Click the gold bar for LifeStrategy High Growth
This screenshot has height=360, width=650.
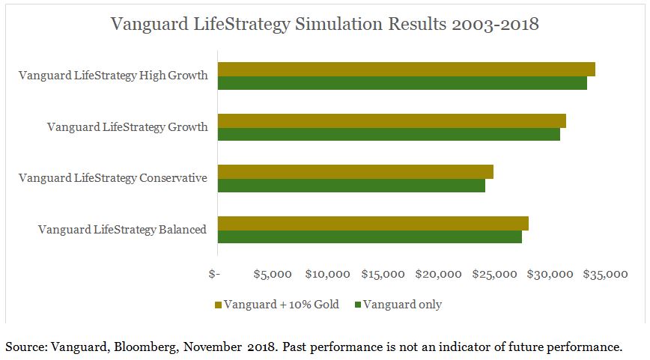(x=406, y=69)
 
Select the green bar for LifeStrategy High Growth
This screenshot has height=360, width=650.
(x=402, y=83)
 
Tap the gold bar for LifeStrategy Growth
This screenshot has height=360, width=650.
(x=392, y=120)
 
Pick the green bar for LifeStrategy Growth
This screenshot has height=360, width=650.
(x=389, y=135)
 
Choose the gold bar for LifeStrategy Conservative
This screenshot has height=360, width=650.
(x=355, y=172)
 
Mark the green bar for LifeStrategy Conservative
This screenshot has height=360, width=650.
(x=351, y=186)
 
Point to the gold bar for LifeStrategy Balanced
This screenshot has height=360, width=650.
(x=373, y=223)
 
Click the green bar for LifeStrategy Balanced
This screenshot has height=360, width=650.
(x=369, y=237)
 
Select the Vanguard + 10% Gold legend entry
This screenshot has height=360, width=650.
(x=276, y=305)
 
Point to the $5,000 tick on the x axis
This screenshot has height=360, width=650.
(x=273, y=274)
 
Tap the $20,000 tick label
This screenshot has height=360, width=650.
(x=438, y=274)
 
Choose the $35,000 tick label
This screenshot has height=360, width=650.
(x=604, y=274)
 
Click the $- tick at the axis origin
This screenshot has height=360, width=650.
(x=214, y=274)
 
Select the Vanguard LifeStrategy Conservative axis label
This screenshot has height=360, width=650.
(x=112, y=178)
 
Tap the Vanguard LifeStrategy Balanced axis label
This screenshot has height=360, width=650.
(x=122, y=230)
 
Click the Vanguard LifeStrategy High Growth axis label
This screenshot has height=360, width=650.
(x=113, y=76)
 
